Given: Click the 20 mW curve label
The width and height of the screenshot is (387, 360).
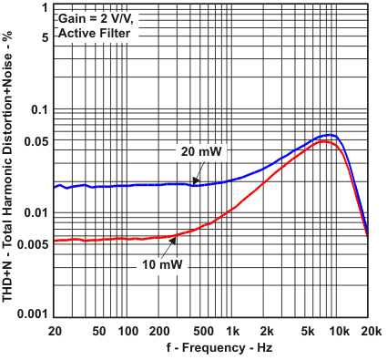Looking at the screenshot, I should [x=201, y=151].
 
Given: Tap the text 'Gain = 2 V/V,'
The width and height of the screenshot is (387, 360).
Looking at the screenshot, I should [x=97, y=18].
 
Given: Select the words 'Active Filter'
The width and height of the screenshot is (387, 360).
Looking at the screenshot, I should [x=94, y=33].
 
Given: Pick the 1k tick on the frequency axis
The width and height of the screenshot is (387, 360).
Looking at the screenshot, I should [x=233, y=330].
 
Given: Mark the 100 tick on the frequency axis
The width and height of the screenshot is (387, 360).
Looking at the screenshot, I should [x=128, y=330].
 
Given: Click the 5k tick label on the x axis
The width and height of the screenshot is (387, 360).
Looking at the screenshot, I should [x=307, y=330].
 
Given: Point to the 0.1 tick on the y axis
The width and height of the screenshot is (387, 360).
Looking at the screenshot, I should [x=37, y=109].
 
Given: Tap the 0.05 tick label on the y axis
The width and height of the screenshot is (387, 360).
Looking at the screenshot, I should [x=35, y=140].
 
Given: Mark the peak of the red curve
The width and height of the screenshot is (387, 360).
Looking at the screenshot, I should [x=326, y=141].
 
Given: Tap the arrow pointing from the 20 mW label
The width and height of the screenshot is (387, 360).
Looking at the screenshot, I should [x=195, y=173].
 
